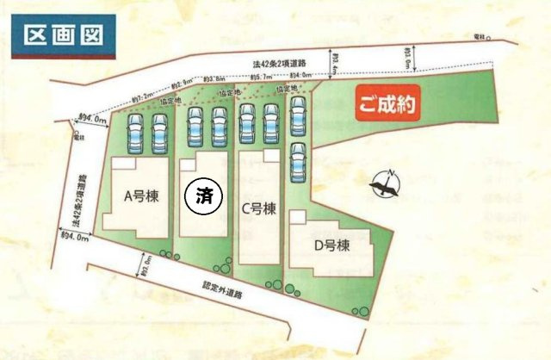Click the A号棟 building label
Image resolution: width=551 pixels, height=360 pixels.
point(138,196)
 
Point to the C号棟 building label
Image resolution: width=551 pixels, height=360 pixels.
point(258,208)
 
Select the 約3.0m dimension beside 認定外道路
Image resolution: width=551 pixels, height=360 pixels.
point(149,264)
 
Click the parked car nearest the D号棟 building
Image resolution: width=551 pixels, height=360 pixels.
point(298,160)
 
